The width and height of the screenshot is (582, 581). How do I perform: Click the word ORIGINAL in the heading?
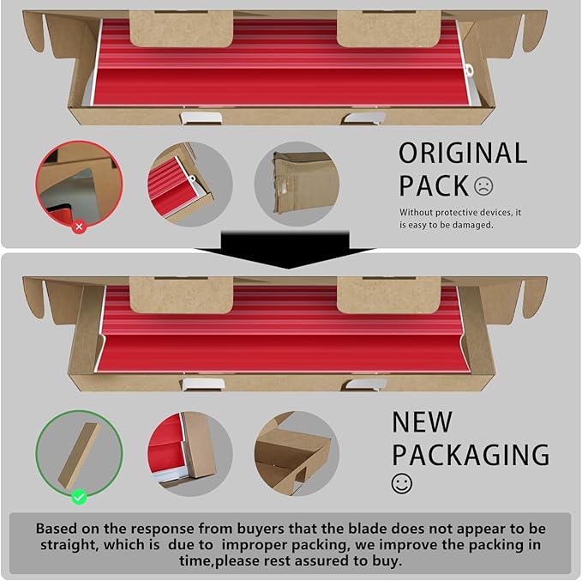click(463, 153)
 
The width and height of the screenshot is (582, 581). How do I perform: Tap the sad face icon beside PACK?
click(483, 186)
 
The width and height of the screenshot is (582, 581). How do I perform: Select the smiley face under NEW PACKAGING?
click(402, 484)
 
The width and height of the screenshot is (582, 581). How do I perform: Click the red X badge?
click(79, 227)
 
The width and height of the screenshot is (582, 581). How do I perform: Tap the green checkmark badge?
click(79, 497)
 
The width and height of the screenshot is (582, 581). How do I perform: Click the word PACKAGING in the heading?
click(471, 454)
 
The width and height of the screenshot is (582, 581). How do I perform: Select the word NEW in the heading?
click(422, 421)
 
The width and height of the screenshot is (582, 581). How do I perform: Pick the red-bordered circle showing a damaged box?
click(79, 184)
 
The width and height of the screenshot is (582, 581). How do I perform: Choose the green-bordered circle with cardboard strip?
click(79, 454)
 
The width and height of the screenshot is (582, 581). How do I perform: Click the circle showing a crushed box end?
click(297, 184)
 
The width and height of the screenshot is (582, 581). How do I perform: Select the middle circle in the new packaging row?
click(190, 454)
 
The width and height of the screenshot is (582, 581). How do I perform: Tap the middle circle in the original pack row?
click(190, 184)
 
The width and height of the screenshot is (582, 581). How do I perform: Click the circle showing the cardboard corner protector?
click(297, 454)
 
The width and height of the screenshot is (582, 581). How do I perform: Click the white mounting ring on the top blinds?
click(469, 70)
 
